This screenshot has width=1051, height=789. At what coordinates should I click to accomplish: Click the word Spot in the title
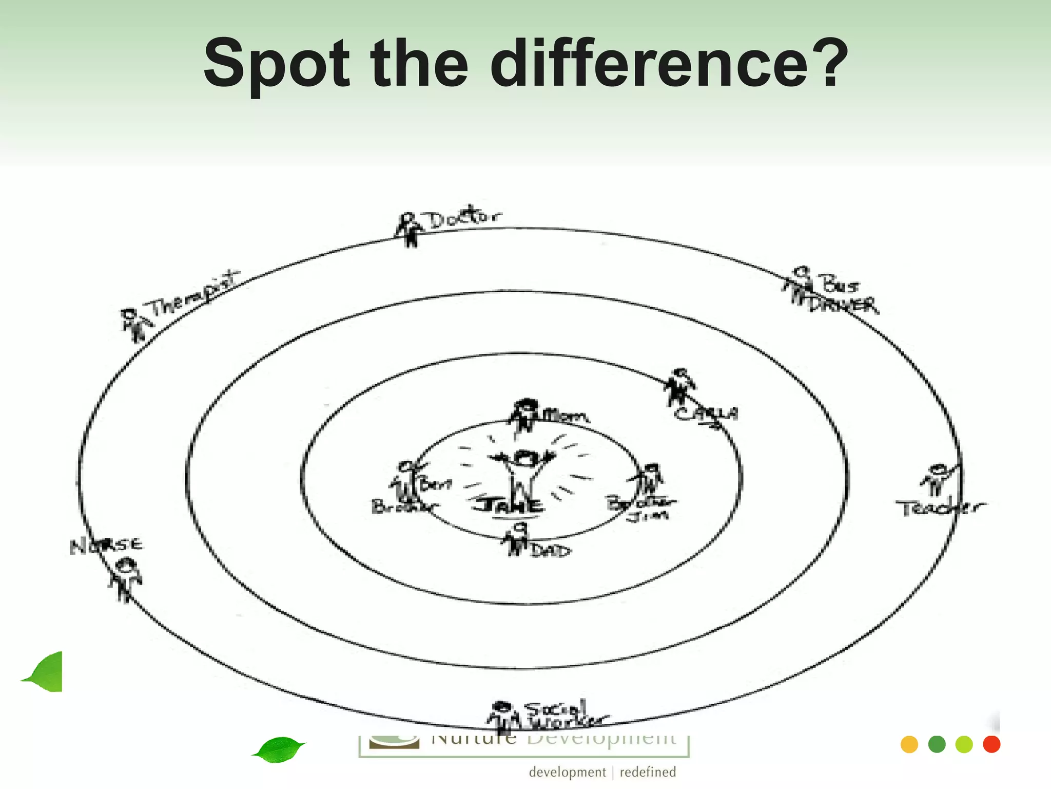tap(277, 64)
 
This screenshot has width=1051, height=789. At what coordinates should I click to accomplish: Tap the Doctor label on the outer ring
tap(464, 218)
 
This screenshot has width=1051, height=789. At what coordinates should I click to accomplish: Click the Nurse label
tap(106, 546)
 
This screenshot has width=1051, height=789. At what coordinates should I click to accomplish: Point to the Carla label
tap(706, 414)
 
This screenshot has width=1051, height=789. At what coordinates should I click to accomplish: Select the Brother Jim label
tap(642, 508)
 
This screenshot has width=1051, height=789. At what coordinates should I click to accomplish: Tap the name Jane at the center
tap(508, 505)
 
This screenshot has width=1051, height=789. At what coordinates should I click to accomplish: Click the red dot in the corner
tap(991, 744)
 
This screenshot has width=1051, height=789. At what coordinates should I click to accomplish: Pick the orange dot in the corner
tap(909, 744)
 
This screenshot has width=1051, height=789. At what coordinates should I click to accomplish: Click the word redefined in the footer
tap(648, 772)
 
